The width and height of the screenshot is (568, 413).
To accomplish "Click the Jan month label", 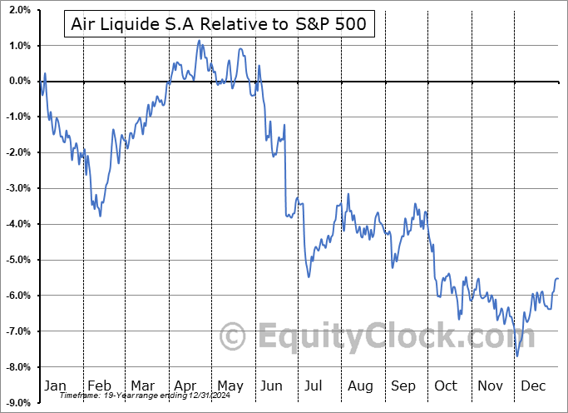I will click(x=55, y=386).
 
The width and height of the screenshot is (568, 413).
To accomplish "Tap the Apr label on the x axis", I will click(x=186, y=386).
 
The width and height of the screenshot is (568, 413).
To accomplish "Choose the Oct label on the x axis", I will click(x=447, y=386).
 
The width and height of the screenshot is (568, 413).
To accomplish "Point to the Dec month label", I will click(x=533, y=386).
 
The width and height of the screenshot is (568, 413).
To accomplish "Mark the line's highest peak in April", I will click(x=198, y=40).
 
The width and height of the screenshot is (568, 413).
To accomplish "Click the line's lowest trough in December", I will click(x=517, y=356).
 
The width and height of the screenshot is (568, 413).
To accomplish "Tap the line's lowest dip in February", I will click(x=101, y=216).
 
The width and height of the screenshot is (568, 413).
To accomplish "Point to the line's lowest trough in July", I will click(x=309, y=276).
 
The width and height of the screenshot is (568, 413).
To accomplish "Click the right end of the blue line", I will click(x=557, y=278).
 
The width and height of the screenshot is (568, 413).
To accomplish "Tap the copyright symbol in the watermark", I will click(x=235, y=337).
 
